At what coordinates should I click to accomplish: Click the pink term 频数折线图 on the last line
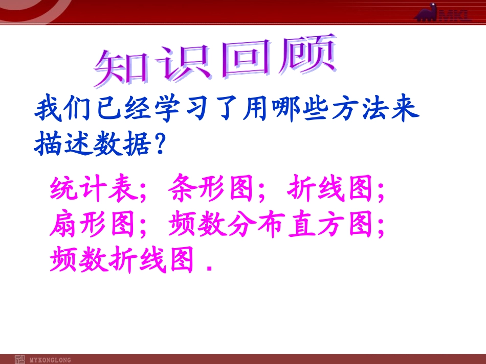click(x=123, y=260)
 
